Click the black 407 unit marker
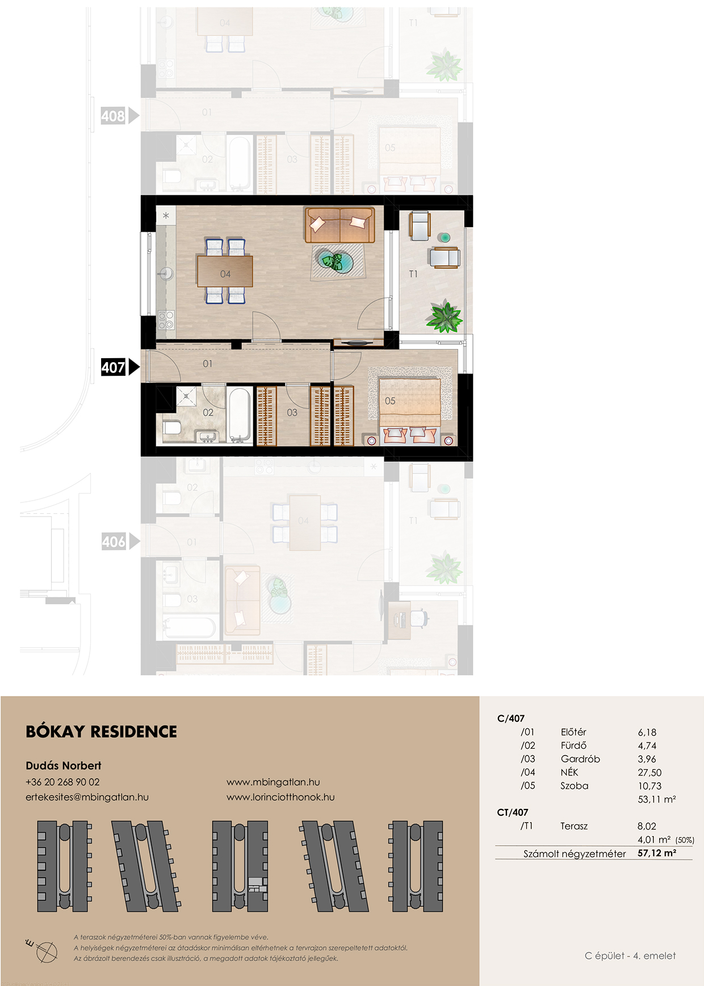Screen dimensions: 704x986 120,367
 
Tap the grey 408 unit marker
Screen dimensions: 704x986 120,116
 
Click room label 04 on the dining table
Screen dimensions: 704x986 225,274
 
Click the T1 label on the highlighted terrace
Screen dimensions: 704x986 413,274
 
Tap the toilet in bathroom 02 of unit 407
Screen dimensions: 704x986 171,427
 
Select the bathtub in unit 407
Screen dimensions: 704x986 239,415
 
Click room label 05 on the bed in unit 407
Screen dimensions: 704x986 390,401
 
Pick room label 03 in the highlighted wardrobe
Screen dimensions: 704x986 292,413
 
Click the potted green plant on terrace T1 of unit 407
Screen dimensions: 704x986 445,317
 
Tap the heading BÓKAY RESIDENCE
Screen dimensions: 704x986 102,732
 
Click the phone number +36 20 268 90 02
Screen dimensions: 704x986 62,782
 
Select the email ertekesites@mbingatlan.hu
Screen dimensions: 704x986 87,797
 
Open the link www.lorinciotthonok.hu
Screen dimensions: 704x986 280,797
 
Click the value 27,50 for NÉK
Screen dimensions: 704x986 649,773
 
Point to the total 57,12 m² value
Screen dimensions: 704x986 657,853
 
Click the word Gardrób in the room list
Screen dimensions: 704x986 580,759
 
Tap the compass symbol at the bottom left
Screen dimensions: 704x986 44,950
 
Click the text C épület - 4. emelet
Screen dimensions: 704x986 630,956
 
